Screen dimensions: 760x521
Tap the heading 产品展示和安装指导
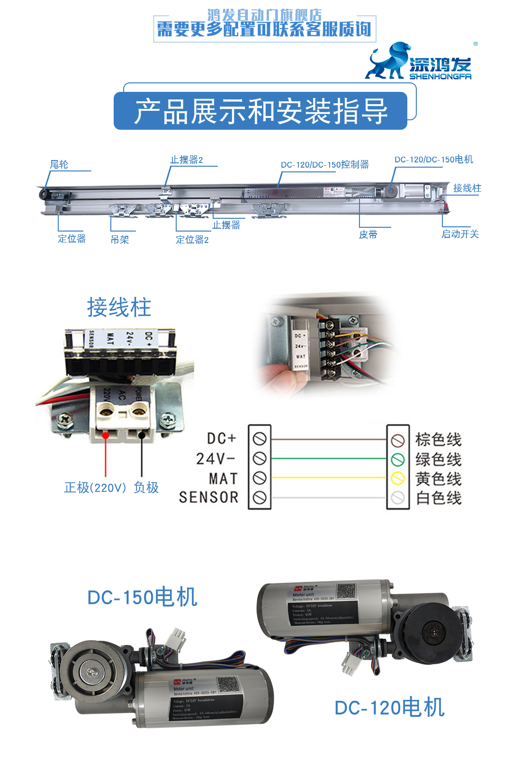point(260,111)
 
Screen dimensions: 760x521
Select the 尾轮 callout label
point(59,164)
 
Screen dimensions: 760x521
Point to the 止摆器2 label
point(187,160)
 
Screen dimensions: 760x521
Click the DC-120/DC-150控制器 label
point(324,165)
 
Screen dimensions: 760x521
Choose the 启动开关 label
point(460,234)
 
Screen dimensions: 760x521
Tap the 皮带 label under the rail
point(368,234)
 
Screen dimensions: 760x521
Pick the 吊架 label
point(120,240)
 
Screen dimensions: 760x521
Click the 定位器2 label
point(192,240)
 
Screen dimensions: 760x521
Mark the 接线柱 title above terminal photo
point(119,308)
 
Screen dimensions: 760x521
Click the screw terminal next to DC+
point(260,439)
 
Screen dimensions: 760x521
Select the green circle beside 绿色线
point(398,459)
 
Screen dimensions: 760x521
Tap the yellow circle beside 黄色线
point(398,478)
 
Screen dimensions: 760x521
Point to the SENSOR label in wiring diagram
point(209,497)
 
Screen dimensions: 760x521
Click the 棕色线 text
point(438,439)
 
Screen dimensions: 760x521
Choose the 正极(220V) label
point(95,487)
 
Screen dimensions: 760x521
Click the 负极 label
point(146,487)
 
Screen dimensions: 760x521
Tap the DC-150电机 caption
point(142,597)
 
